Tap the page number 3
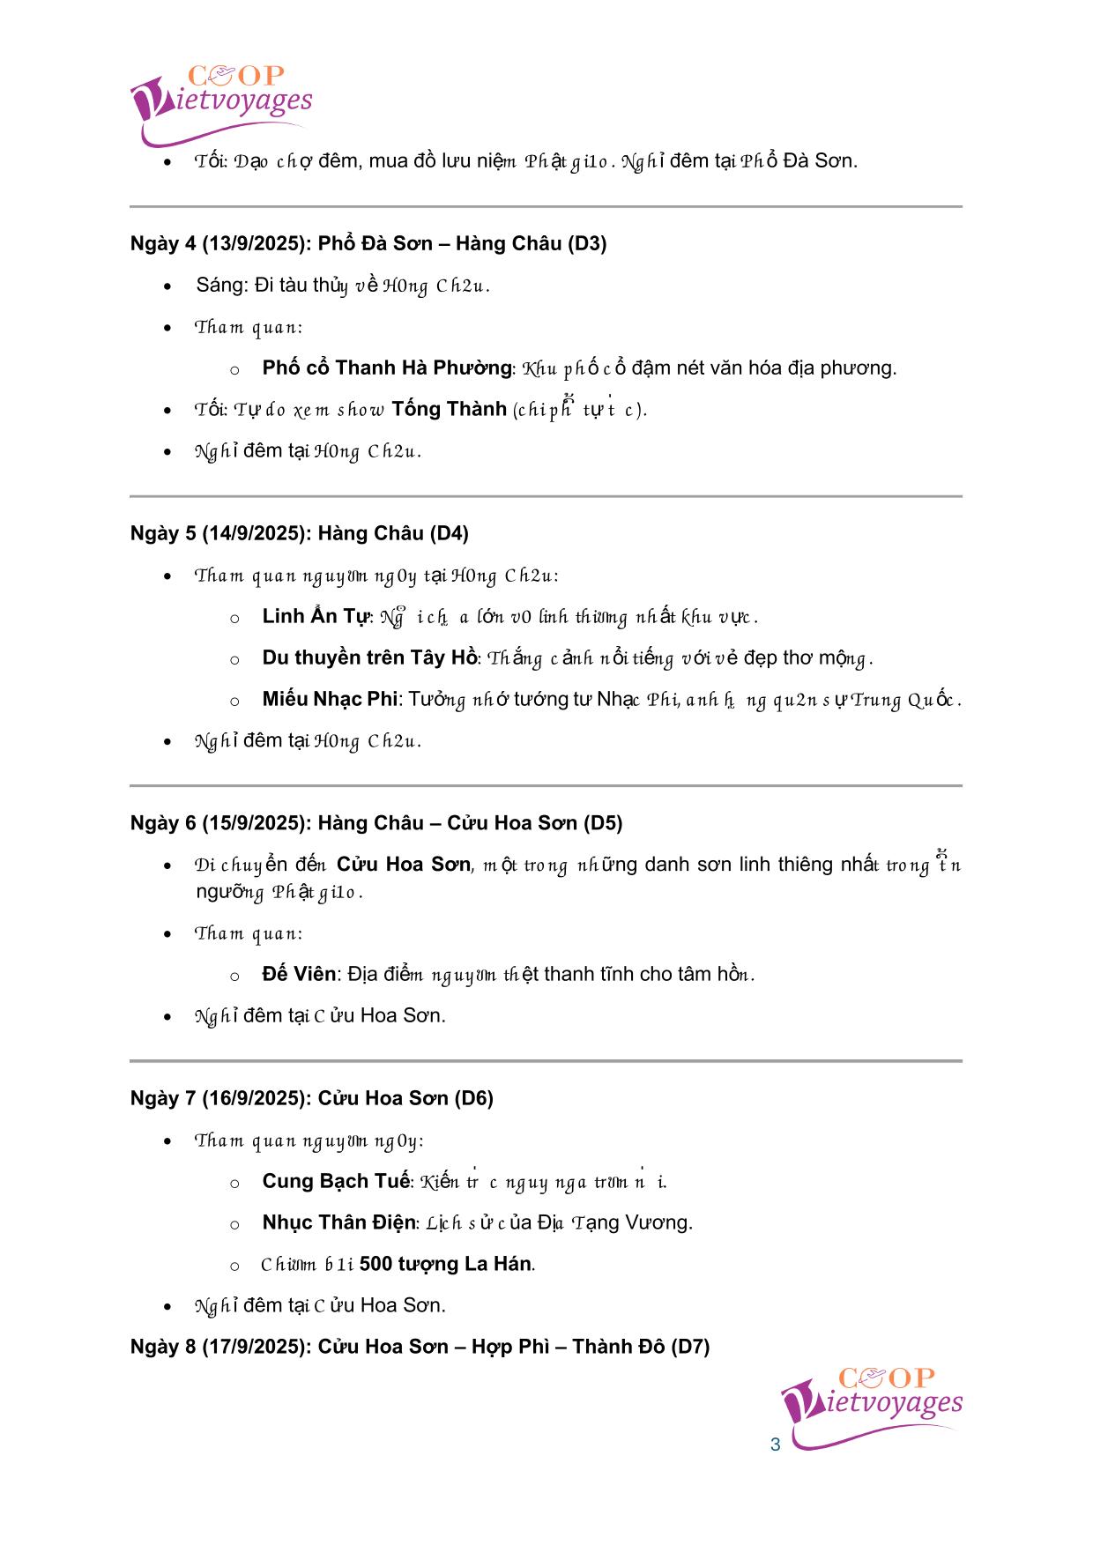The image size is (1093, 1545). [x=776, y=1445]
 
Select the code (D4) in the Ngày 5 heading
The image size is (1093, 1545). [x=449, y=533]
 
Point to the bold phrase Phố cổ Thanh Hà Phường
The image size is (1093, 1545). [x=387, y=368]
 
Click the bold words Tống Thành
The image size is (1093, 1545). [x=449, y=409]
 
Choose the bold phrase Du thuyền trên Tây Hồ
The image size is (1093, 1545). [x=369, y=657]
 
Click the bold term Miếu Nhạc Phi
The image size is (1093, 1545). [x=331, y=699]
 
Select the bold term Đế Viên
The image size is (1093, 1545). [x=299, y=974]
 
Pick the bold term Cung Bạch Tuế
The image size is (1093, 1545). [x=336, y=1181]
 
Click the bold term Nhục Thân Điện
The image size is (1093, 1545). [x=338, y=1222]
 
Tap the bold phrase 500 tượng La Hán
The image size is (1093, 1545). [x=445, y=1264]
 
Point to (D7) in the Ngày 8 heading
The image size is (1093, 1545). [x=690, y=1347]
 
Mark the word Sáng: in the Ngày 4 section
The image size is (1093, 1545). [x=222, y=285]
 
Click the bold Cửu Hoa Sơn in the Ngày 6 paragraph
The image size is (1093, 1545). [x=404, y=865]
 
